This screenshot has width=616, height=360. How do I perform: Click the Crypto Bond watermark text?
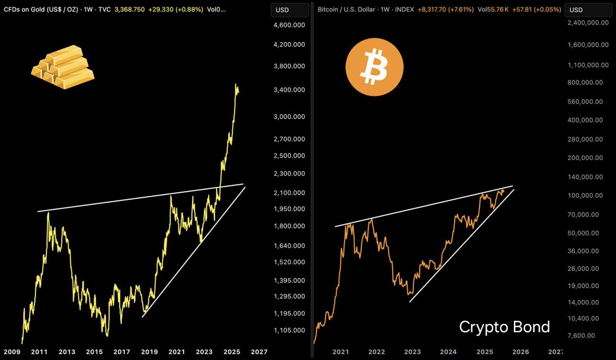pyautogui.click(x=504, y=327)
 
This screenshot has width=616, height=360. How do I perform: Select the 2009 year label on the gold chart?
pyautogui.click(x=12, y=352)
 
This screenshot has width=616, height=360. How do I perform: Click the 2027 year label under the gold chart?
pyautogui.click(x=259, y=352)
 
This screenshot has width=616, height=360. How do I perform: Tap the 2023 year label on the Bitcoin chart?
pyautogui.click(x=412, y=352)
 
